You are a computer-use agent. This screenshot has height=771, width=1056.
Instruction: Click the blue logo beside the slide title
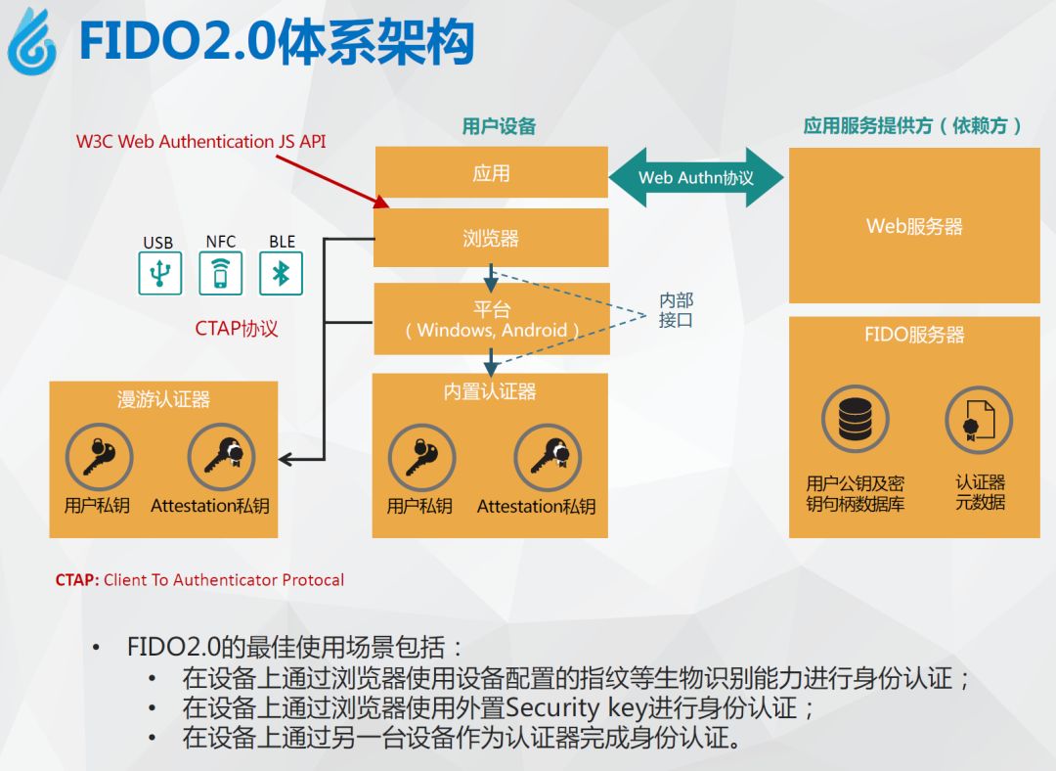[31, 42]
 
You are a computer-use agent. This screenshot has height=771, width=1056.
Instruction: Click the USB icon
[158, 273]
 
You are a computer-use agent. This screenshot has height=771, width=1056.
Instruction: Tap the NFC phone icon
[220, 273]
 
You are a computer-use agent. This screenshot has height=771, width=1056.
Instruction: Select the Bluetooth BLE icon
[281, 273]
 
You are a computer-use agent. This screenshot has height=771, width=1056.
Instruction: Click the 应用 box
[491, 173]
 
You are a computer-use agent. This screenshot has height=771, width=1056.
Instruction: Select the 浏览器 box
[491, 238]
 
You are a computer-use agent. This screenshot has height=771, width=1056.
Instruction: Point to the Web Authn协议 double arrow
[696, 178]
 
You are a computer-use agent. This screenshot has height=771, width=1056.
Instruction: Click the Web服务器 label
[914, 226]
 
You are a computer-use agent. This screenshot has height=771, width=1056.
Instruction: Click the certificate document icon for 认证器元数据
[979, 420]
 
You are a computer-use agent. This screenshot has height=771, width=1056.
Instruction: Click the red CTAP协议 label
[237, 329]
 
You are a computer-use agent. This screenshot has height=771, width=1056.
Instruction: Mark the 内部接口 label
[676, 310]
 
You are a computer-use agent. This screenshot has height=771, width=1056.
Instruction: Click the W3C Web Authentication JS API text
[201, 142]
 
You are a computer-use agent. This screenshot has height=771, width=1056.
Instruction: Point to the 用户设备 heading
[499, 126]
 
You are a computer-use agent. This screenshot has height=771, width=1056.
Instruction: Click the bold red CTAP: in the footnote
[77, 580]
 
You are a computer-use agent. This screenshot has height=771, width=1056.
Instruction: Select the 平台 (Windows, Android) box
[491, 319]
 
